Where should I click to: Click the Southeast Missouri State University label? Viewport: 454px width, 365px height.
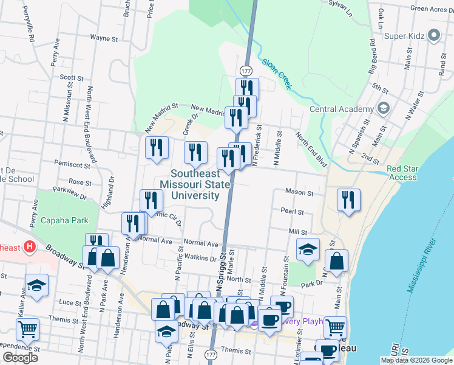coord(195,184)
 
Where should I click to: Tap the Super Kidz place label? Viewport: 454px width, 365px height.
coord(403,36)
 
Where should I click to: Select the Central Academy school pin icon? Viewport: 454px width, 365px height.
coord(382,109)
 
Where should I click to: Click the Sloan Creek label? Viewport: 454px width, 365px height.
coord(277,73)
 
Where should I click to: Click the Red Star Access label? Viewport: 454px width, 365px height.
coord(402,173)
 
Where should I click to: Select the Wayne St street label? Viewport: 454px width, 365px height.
coord(104,38)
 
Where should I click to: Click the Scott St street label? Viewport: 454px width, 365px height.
coord(71,77)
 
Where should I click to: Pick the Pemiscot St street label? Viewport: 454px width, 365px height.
coord(72,164)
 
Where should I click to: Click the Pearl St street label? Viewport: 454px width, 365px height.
coord(292,212)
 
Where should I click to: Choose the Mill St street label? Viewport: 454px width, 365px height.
coord(298,232)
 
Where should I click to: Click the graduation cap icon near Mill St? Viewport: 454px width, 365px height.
coord(308,248)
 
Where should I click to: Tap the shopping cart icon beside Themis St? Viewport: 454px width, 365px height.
coord(27,329)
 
